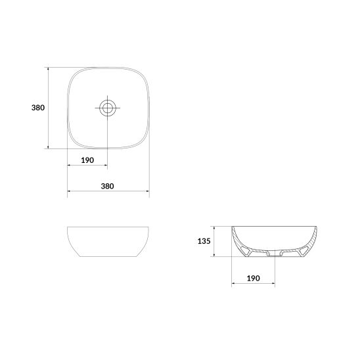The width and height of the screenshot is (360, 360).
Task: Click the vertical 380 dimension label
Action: [x=38, y=108]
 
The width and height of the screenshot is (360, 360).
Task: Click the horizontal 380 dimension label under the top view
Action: [x=107, y=186]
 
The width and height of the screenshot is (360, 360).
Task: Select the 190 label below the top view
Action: [x=87, y=160]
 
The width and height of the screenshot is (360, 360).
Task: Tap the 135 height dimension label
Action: [x=204, y=241]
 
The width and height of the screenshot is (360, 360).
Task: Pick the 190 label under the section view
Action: [x=253, y=279]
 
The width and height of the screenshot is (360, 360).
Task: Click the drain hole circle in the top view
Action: [x=108, y=108]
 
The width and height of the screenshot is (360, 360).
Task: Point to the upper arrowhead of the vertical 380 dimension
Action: [x=48, y=69]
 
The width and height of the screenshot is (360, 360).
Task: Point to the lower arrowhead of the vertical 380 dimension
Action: [x=48, y=147]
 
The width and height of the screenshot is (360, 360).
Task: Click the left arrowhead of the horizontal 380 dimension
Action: [x=69, y=191]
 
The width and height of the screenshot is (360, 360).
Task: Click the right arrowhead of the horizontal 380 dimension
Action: [x=147, y=191]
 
